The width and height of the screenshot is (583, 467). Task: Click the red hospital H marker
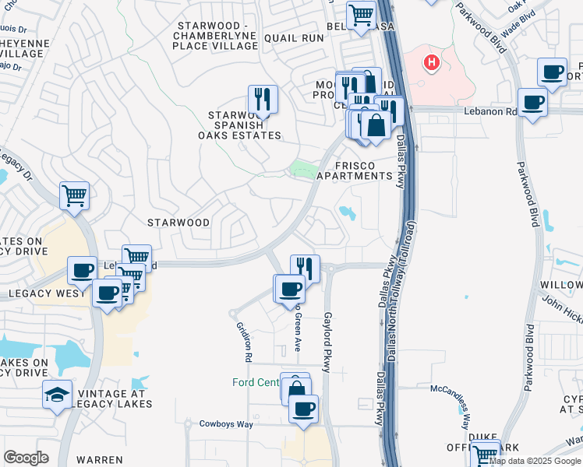pos(430,61)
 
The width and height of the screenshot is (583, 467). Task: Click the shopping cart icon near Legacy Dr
pos(74,195)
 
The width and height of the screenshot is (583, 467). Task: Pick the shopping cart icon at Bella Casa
pos(361,15)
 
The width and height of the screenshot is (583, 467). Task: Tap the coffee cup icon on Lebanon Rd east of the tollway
pos(533,102)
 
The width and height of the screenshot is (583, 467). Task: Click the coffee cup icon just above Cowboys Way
pos(303,408)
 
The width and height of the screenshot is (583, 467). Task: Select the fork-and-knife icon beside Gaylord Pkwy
pos(306,268)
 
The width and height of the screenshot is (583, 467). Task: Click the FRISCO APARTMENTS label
pos(355,170)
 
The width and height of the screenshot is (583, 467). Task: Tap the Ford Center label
pos(255,382)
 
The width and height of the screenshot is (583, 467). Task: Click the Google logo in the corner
pos(26,458)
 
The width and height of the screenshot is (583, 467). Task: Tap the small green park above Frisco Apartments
pos(300,169)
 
